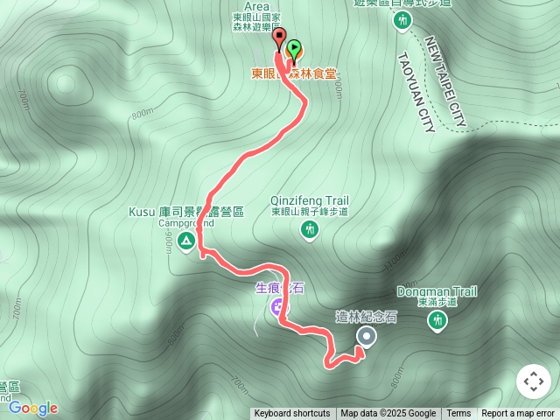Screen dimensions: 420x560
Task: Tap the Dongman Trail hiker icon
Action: (x=437, y=321)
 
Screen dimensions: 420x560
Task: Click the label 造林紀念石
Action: (x=367, y=317)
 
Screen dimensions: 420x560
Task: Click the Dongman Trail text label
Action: (x=436, y=290)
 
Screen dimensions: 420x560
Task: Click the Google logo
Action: (x=33, y=408)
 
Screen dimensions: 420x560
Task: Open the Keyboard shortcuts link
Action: (x=292, y=414)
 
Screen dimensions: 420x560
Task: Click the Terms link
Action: (x=458, y=414)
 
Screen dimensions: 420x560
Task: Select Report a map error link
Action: (x=519, y=414)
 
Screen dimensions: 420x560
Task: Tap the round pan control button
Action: (x=533, y=381)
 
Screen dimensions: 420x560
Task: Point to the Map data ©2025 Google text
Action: (x=388, y=414)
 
